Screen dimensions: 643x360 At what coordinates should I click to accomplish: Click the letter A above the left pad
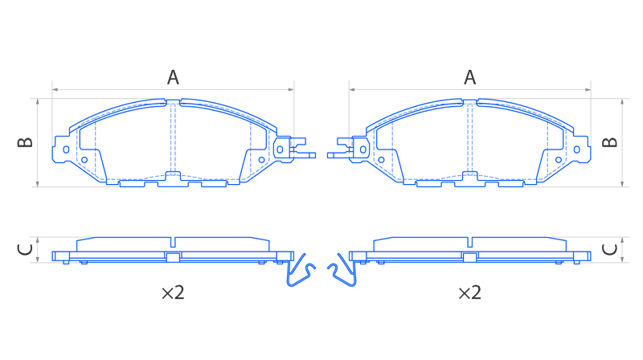[x=173, y=77]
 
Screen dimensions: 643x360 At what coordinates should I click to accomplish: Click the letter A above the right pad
[x=470, y=77]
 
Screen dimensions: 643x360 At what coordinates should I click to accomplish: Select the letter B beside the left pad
[x=26, y=142]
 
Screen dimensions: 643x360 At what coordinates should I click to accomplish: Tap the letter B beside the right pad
[x=610, y=142]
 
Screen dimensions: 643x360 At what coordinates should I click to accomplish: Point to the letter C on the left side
[x=26, y=249]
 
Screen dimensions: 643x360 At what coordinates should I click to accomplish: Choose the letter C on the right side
[x=610, y=249]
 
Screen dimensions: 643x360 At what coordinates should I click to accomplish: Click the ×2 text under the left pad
[x=173, y=292]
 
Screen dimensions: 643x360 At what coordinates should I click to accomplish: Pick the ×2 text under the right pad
[x=470, y=292]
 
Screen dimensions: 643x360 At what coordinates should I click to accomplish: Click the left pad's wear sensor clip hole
[x=280, y=149]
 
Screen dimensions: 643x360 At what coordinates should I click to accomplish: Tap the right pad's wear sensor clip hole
[x=363, y=149]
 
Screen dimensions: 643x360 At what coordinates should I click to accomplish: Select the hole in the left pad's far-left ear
[x=66, y=149]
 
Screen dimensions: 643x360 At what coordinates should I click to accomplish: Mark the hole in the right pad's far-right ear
[x=577, y=149]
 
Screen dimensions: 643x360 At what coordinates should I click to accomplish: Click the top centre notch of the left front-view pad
[x=173, y=101]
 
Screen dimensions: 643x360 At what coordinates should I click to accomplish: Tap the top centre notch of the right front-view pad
[x=470, y=101]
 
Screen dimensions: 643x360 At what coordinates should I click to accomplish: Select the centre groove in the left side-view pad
[x=173, y=243]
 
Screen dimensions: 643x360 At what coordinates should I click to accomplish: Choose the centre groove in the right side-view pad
[x=470, y=243]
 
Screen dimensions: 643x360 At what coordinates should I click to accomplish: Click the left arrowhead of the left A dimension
[x=55, y=89]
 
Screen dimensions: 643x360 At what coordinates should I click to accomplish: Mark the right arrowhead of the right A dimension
[x=588, y=89]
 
